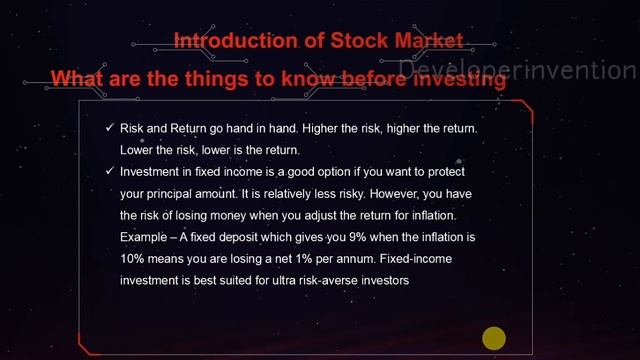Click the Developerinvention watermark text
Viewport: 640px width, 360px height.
coord(518,69)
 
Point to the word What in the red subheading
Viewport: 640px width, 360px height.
coord(79,78)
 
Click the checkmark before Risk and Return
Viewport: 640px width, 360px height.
coord(110,129)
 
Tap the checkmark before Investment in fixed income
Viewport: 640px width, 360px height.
coord(110,171)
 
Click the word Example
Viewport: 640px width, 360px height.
coord(145,237)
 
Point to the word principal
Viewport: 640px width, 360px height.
coord(176,193)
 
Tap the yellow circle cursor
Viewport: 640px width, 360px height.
coord(494,338)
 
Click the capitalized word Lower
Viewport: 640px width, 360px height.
coord(137,150)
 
